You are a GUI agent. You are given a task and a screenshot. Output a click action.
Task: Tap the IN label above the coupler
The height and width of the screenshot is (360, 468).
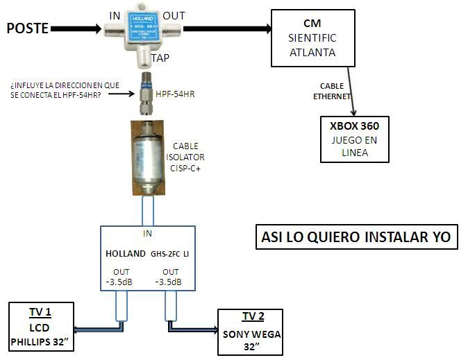(x=116, y=15)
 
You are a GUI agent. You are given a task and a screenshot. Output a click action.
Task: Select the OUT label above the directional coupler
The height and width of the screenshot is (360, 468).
(x=174, y=15)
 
